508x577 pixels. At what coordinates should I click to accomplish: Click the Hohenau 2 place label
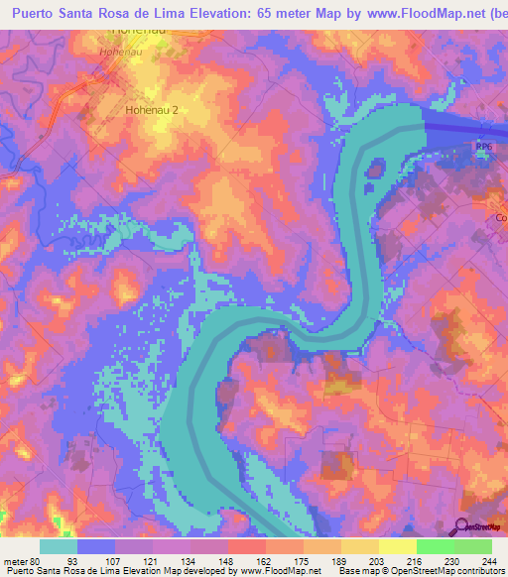[152, 111]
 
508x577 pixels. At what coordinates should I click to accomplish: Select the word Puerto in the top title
[38, 13]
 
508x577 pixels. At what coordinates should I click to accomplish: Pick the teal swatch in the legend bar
[58, 546]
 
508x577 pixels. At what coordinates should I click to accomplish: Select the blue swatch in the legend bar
[95, 546]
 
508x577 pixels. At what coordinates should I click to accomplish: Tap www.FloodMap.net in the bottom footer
[273, 571]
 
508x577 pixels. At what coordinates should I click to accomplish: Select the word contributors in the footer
[477, 571]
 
